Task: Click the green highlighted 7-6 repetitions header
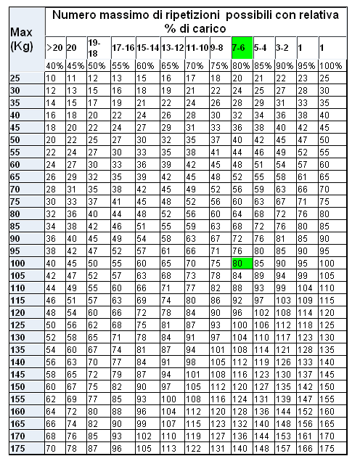(242, 46)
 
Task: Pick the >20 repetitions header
(54, 46)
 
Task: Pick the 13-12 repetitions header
(172, 46)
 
